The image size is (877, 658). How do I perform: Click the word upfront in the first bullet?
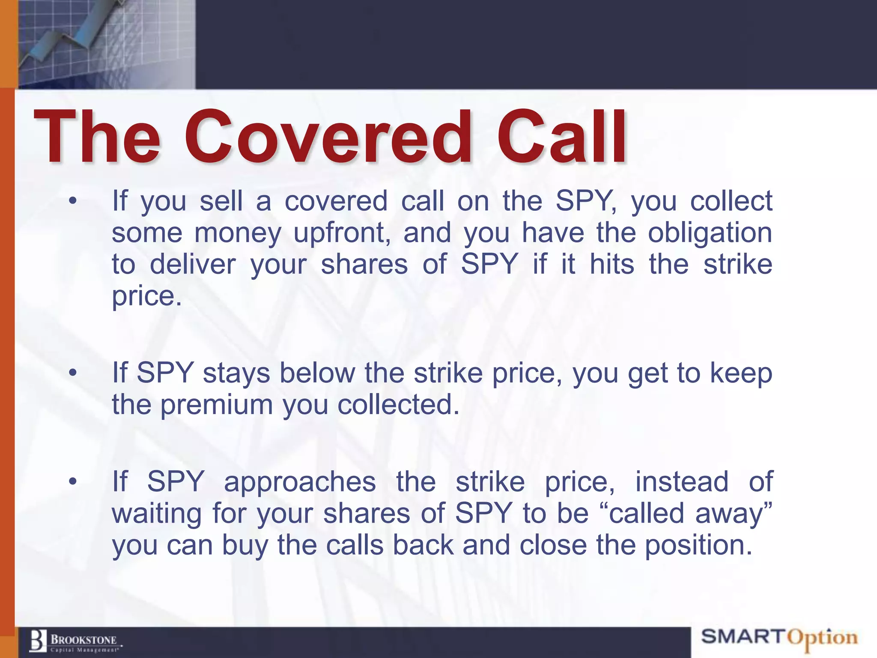click(x=342, y=233)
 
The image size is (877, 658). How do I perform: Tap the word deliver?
click(x=193, y=264)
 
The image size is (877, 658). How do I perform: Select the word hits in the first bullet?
click(x=612, y=264)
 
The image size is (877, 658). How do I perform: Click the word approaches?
click(x=300, y=482)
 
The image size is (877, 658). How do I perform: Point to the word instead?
click(x=682, y=482)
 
